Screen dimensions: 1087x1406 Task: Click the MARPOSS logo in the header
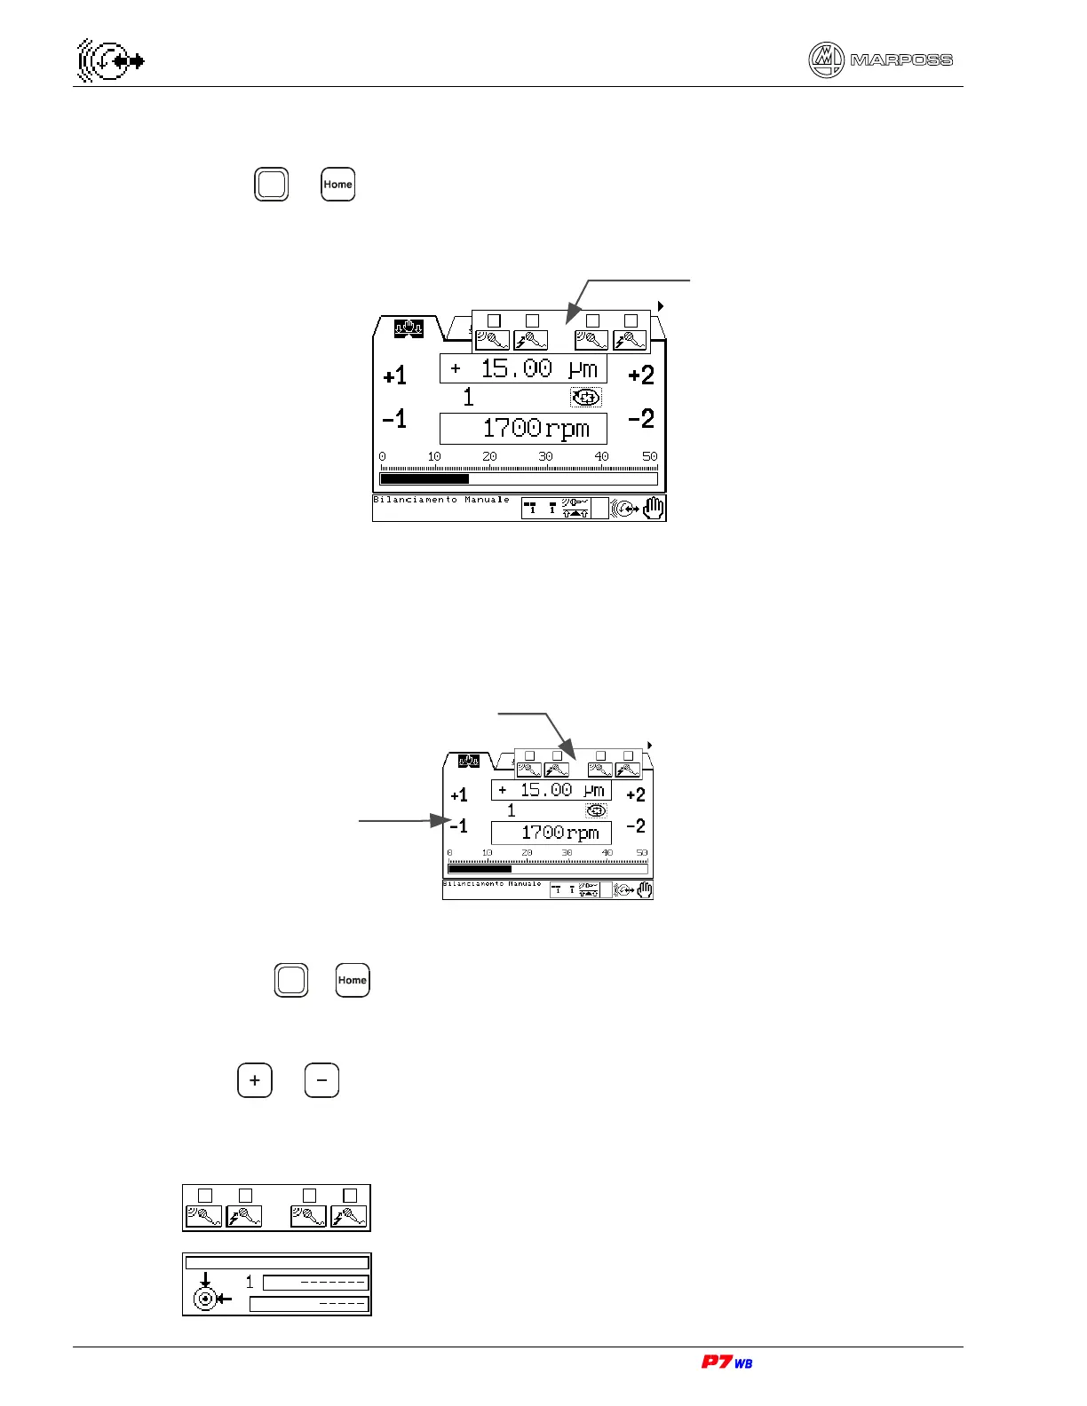(x=880, y=60)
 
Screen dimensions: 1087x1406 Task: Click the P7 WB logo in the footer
(x=726, y=1363)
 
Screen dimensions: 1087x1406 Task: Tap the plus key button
(x=255, y=1080)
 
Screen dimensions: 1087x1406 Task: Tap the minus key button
(x=321, y=1080)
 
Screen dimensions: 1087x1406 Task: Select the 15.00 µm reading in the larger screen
(x=523, y=368)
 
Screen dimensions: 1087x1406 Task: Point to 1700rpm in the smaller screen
(x=551, y=833)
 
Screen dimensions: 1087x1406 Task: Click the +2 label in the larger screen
(x=641, y=375)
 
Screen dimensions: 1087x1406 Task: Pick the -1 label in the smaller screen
(x=459, y=826)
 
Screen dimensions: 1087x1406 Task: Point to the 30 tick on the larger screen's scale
(x=545, y=456)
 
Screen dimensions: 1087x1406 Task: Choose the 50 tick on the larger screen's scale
(x=650, y=456)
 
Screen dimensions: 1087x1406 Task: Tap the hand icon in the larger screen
(x=654, y=509)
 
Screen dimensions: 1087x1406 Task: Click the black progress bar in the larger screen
(x=424, y=479)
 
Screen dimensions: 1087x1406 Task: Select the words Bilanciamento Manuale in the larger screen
(x=441, y=500)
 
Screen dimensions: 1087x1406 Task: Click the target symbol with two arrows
(x=208, y=1294)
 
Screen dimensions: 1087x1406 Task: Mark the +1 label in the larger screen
(x=395, y=375)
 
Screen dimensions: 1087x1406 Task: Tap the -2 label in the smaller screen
(x=636, y=826)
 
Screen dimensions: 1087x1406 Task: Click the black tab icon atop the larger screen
(x=409, y=328)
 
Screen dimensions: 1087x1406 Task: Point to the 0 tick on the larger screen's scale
(x=383, y=456)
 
